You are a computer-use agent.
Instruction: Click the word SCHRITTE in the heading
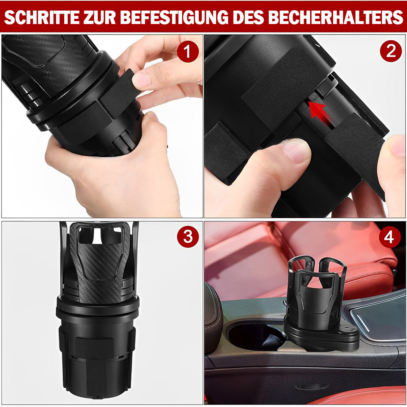42,18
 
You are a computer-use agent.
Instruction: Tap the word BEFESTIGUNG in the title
174,18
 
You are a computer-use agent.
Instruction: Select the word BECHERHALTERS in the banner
335,18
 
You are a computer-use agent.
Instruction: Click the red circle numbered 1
188,51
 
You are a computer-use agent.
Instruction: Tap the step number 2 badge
391,51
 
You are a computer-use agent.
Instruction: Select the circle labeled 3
188,237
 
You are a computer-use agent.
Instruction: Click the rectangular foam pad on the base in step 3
94,348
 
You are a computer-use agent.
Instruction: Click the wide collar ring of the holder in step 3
98,309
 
